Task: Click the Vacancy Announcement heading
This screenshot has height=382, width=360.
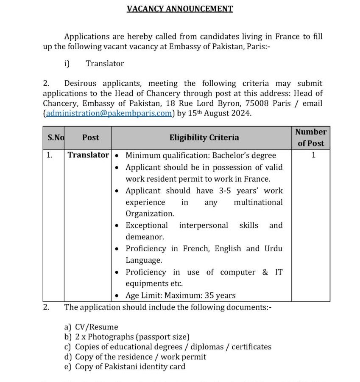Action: click(180, 8)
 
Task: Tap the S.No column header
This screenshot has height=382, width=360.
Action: click(56, 138)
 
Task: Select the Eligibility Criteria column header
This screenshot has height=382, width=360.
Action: click(204, 138)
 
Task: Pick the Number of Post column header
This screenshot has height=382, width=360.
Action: click(310, 138)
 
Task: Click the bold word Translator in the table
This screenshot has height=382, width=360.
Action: click(88, 155)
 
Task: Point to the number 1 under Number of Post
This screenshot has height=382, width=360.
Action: click(313, 155)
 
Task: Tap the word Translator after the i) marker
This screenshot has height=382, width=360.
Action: click(105, 64)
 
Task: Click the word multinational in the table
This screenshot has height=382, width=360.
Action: click(258, 202)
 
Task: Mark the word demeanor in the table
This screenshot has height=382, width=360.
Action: click(144, 237)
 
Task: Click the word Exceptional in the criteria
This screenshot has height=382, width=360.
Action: click(147, 225)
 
